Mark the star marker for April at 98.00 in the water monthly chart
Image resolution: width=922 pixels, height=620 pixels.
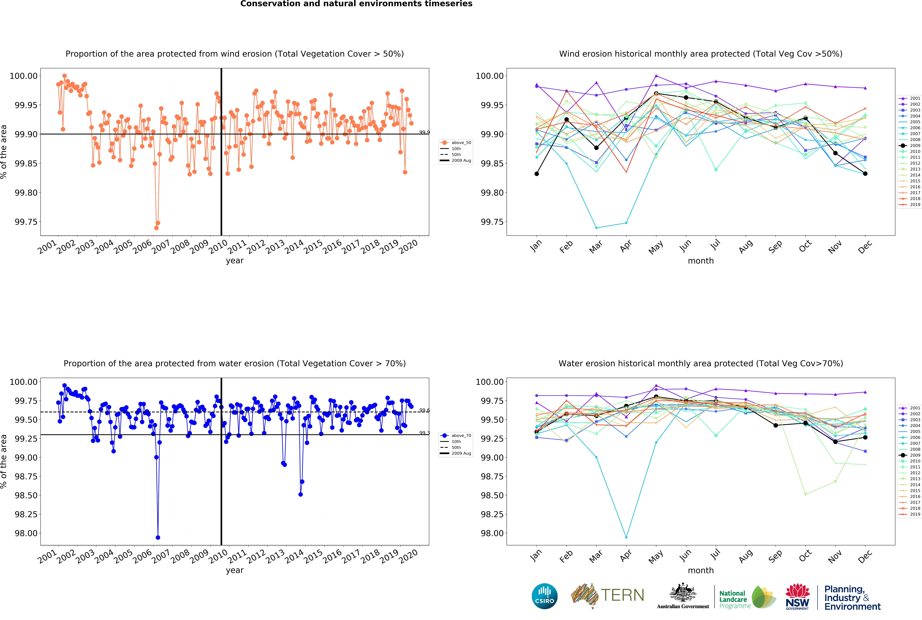[626, 537]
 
